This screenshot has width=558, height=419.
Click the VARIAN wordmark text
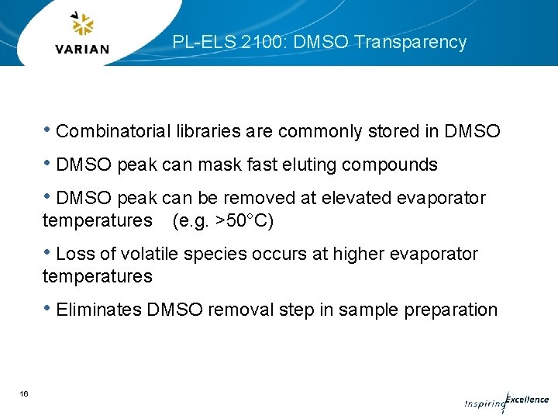pyautogui.click(x=83, y=49)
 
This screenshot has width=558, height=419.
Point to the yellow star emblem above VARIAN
pyautogui.click(x=82, y=25)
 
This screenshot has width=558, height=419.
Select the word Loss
pyautogui.click(x=76, y=255)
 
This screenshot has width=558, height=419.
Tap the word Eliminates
pyautogui.click(x=98, y=310)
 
